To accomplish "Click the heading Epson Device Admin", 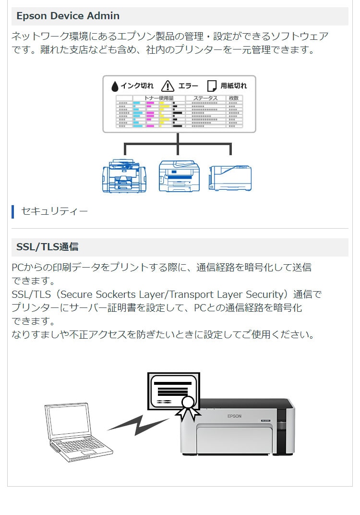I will (68, 16).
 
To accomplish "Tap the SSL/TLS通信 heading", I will (48, 247).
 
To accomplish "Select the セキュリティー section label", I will (54, 211).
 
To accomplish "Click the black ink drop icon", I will (115, 86).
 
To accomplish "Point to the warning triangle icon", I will (168, 86).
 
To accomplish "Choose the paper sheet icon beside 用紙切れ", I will (211, 86).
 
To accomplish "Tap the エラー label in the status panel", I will (188, 86).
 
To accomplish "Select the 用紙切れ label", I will (234, 86).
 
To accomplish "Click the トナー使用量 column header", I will (159, 98).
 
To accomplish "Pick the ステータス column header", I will (205, 98).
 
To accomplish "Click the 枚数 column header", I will (234, 98).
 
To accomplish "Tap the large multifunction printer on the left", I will (124, 176).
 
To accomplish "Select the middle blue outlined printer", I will (178, 176).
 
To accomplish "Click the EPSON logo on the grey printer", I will (234, 416).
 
